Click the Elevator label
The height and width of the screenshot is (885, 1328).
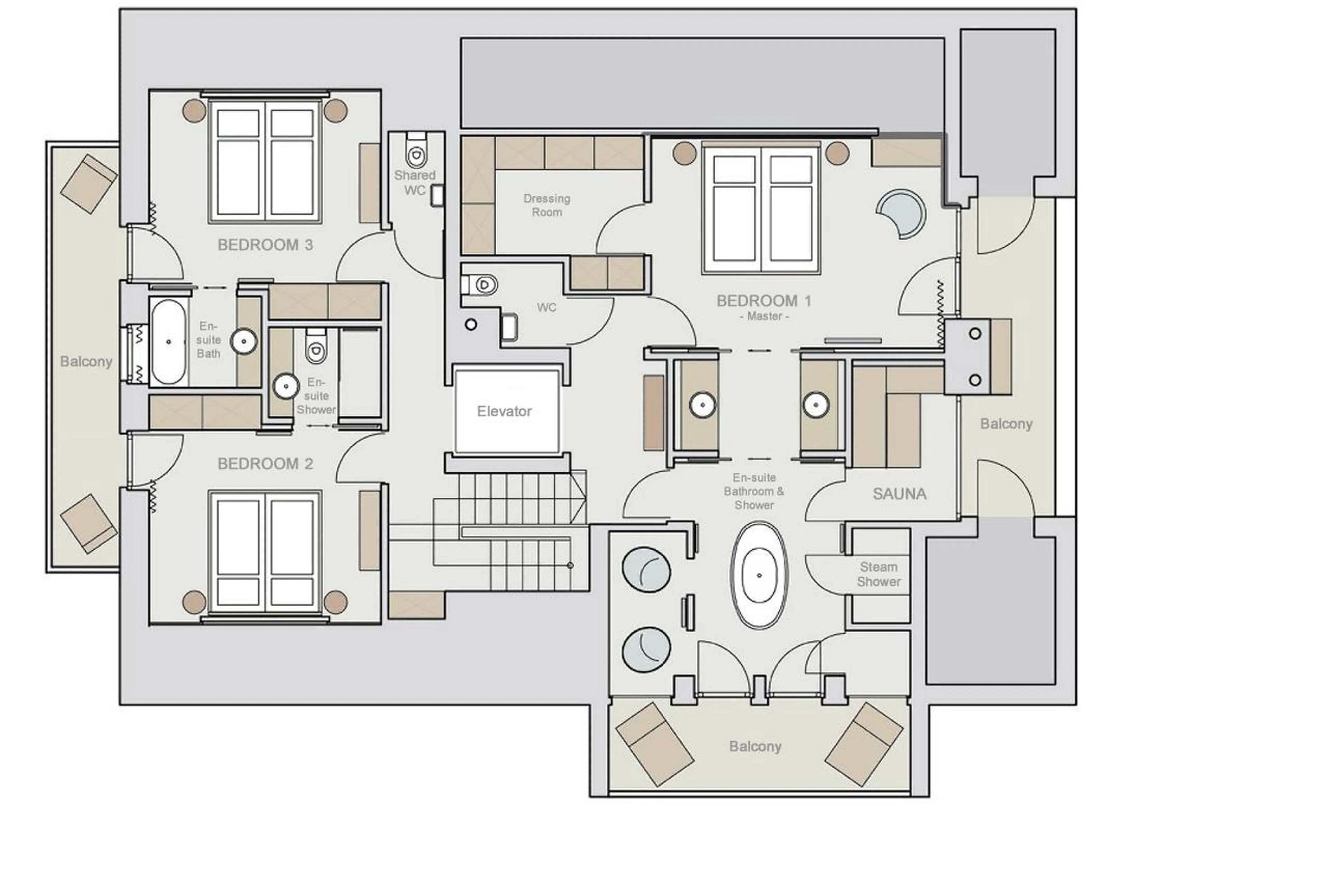(x=504, y=411)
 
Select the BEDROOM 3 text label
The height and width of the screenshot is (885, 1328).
(x=265, y=245)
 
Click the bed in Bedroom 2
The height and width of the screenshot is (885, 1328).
(x=265, y=551)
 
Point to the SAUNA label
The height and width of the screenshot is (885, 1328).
(x=899, y=494)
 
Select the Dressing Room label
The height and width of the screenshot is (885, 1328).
(x=546, y=205)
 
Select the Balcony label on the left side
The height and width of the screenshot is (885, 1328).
(x=86, y=361)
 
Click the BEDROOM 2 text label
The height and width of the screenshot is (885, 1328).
(x=265, y=464)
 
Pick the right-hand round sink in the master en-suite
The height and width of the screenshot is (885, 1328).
(x=815, y=405)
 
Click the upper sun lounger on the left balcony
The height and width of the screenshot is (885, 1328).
(x=89, y=183)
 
